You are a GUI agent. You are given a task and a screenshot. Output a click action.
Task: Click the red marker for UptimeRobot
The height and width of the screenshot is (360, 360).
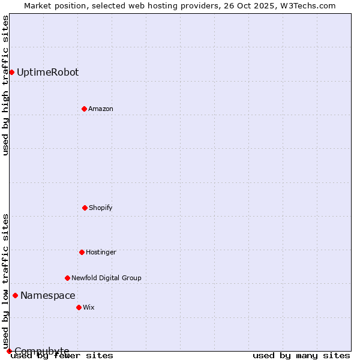[x=11, y=72]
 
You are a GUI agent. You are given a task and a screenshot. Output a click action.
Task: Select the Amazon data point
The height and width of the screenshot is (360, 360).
[x=84, y=109]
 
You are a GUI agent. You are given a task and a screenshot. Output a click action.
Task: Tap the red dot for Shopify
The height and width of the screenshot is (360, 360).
[x=85, y=208]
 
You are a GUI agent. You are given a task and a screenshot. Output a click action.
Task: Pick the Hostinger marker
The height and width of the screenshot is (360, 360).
[x=82, y=252]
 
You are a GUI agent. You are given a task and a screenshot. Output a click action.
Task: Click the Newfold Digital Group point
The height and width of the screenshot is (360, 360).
[x=67, y=278]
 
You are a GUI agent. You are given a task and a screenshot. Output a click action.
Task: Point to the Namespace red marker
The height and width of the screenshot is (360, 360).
[x=15, y=295]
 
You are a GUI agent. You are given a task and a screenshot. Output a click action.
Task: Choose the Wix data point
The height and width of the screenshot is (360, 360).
[x=79, y=307]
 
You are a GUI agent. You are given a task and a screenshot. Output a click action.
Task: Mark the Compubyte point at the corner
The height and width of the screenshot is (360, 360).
[x=9, y=351]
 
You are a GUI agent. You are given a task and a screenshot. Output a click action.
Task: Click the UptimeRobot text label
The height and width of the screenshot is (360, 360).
[x=47, y=73]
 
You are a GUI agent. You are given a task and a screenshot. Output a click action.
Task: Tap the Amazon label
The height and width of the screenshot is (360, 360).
[x=101, y=109]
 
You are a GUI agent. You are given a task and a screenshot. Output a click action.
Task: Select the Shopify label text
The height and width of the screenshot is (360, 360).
[x=101, y=208]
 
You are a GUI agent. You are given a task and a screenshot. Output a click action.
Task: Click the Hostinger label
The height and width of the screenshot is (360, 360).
[x=101, y=253]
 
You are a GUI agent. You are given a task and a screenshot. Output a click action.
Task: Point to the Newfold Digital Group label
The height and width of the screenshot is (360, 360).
[x=106, y=278]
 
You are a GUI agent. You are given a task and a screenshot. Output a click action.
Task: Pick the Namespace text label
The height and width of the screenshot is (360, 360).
[x=47, y=296]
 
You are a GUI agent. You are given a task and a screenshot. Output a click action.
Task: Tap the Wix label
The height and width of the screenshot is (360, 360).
[x=89, y=308]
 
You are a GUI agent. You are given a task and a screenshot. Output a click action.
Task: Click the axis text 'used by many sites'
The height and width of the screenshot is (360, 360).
[x=301, y=356]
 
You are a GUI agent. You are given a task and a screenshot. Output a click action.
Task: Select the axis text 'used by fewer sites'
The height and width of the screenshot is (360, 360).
[x=62, y=356]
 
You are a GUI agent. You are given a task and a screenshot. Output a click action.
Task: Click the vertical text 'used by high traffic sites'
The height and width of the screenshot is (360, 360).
[x=5, y=85]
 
